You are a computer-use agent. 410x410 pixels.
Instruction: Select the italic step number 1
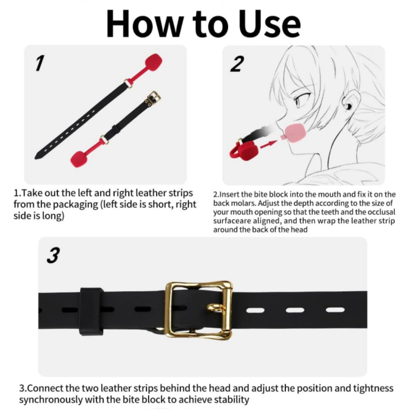[40, 63]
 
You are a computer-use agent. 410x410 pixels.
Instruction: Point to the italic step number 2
[237, 64]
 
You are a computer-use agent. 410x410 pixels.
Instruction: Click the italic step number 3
[53, 255]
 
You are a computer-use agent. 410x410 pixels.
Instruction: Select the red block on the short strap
[80, 158]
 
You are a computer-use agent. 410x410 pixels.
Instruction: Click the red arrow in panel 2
[269, 145]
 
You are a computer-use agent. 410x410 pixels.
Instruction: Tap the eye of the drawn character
[299, 100]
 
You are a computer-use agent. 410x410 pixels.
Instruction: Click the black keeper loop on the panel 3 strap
[91, 312]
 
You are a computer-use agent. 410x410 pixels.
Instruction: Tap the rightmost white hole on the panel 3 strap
[335, 310]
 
